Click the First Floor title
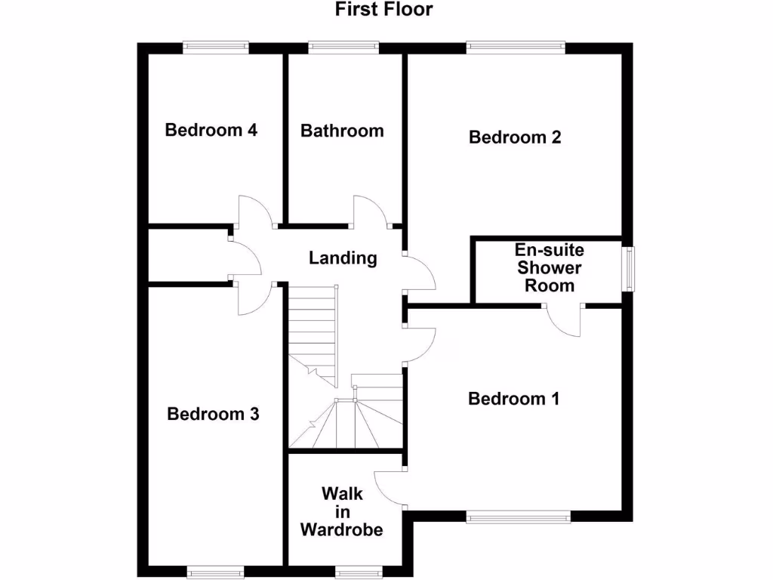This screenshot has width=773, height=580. (384, 10)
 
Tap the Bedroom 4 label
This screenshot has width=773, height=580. (211, 130)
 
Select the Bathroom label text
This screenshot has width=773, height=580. (342, 131)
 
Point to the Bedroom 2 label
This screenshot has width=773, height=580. (515, 137)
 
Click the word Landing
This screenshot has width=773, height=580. (343, 258)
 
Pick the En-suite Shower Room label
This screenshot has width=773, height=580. (550, 268)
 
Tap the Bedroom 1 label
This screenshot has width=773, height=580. (513, 399)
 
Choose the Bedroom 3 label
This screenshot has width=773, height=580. (214, 414)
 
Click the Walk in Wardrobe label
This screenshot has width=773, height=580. (341, 511)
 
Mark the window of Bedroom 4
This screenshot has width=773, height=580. (216, 48)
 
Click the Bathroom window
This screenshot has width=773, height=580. (343, 48)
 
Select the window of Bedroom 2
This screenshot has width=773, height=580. (516, 48)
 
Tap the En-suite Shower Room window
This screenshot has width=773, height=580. (628, 268)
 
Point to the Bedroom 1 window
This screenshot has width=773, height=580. (518, 517)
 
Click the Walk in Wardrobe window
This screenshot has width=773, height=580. (358, 572)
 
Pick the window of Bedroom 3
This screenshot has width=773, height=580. (215, 572)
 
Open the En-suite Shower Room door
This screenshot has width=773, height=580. (563, 321)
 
